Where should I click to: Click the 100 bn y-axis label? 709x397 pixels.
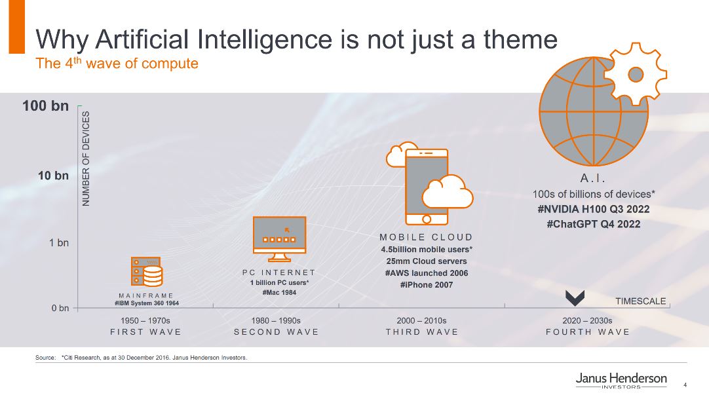pyautogui.click(x=46, y=106)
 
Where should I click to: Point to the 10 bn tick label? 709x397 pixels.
pyautogui.click(x=53, y=176)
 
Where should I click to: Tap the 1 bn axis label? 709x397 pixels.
pyautogui.click(x=59, y=243)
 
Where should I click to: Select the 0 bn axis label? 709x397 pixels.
pyautogui.click(x=60, y=308)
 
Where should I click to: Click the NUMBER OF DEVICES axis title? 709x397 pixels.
pyautogui.click(x=86, y=159)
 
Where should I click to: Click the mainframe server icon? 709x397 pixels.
pyautogui.click(x=147, y=272)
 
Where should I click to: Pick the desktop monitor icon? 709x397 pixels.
pyautogui.click(x=279, y=238)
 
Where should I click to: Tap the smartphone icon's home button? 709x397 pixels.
pyautogui.click(x=427, y=219)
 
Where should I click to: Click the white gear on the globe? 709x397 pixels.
pyautogui.click(x=636, y=74)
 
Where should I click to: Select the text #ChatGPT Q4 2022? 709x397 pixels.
pyautogui.click(x=593, y=224)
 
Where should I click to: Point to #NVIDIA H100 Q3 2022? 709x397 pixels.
pyautogui.click(x=593, y=210)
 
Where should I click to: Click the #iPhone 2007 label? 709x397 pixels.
pyautogui.click(x=427, y=285)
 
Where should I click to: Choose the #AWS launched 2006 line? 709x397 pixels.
pyautogui.click(x=427, y=273)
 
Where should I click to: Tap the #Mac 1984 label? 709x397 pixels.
pyautogui.click(x=279, y=293)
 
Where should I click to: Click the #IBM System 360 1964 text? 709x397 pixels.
pyautogui.click(x=147, y=303)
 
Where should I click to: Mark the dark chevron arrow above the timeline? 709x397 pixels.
pyautogui.click(x=575, y=297)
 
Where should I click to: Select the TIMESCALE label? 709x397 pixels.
pyautogui.click(x=640, y=301)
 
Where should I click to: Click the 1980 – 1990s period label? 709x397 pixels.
pyautogui.click(x=276, y=320)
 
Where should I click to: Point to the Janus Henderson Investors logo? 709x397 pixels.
pyautogui.click(x=621, y=380)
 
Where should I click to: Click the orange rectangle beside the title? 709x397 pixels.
pyautogui.click(x=17, y=27)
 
